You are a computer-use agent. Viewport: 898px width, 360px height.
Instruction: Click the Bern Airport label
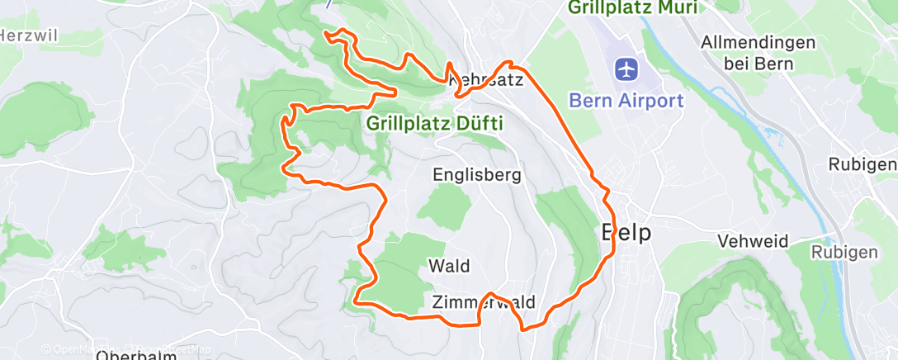click(626, 101)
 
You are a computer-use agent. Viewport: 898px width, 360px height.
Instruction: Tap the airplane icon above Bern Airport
click(626, 68)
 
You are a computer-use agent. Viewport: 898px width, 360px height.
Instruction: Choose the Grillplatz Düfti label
click(435, 123)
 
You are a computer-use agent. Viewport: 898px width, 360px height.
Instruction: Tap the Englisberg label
click(478, 174)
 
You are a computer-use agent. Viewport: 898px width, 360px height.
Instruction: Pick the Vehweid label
click(753, 241)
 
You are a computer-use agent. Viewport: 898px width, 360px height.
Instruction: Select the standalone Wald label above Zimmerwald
click(449, 266)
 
